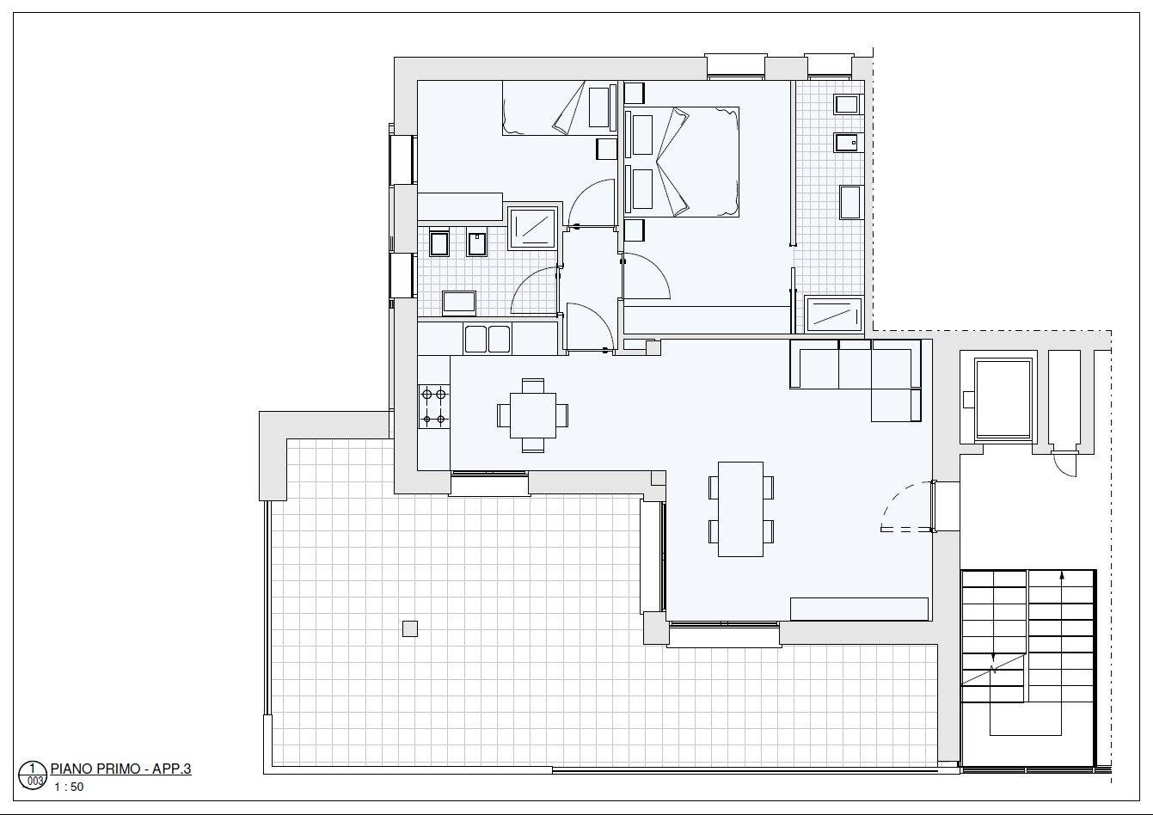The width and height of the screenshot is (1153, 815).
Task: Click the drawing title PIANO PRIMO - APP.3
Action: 121,769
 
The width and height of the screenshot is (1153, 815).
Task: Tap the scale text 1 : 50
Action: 69,787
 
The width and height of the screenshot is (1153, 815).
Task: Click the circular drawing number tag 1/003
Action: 33,775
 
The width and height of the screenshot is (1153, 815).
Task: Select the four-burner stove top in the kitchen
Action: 434,407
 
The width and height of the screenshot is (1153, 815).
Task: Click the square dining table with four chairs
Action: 533,415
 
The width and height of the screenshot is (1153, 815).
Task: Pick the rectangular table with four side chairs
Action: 740,509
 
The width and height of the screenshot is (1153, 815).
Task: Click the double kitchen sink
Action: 487,339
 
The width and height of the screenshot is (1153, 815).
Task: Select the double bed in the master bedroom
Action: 682,162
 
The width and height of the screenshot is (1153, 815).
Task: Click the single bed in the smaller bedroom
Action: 560,108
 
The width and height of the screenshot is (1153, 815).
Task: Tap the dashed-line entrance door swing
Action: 908,506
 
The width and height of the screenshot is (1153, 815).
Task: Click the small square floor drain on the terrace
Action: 410,628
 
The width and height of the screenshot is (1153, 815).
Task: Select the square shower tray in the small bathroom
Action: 532,228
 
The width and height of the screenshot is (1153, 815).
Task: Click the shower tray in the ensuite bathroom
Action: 834,314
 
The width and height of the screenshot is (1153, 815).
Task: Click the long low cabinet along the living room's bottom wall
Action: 859,609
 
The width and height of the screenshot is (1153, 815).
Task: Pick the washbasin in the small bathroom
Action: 459,303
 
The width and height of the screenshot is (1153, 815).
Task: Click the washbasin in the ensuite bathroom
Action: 851,202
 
